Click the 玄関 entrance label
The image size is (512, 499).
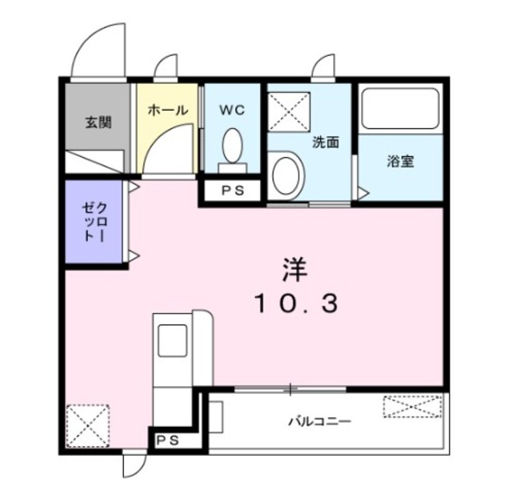98,123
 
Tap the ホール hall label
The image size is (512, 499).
168,111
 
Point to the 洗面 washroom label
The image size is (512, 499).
326,143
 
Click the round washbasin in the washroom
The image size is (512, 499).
286,175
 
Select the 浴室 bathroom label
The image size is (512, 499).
400,161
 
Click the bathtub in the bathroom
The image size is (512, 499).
400,110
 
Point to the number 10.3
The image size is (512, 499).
297,304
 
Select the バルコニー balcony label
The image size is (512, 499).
319,420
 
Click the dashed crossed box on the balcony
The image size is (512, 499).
412,407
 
